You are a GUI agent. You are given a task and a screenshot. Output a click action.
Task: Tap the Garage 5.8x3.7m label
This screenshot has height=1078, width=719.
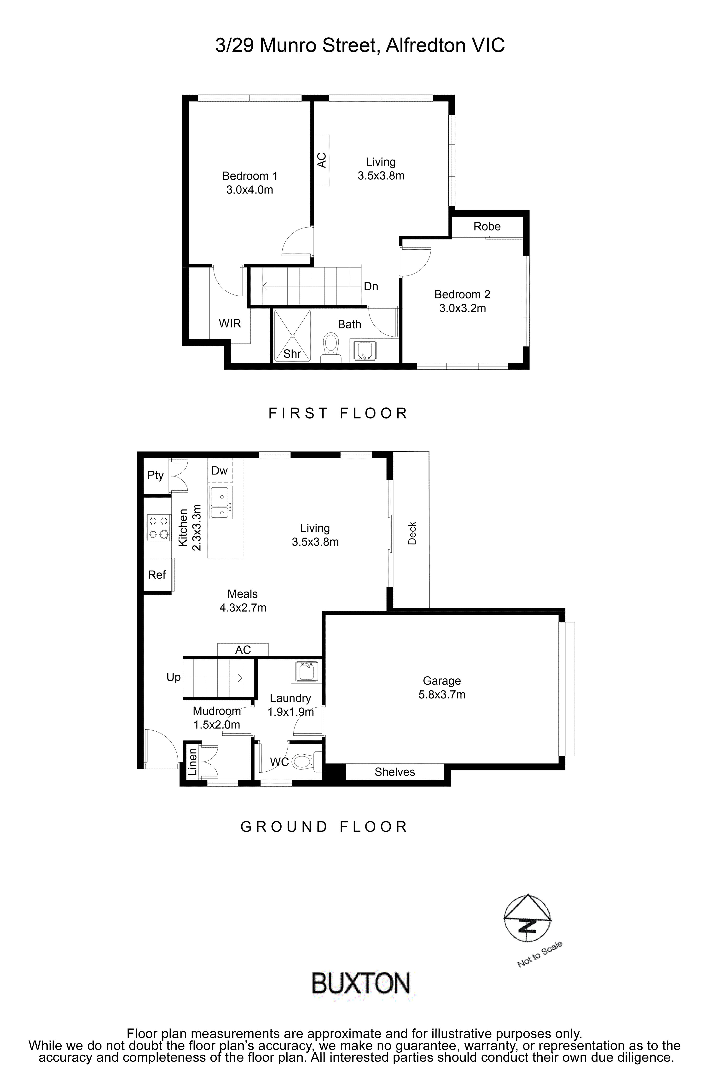pos(441,688)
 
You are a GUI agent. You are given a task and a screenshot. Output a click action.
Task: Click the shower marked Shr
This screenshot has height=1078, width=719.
pos(292,336)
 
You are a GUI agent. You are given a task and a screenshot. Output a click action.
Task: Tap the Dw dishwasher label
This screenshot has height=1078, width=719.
pos(220,471)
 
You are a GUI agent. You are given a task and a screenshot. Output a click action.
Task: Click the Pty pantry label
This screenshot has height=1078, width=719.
pos(155,475)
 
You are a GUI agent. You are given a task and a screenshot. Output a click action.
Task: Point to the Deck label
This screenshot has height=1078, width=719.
pos(412,533)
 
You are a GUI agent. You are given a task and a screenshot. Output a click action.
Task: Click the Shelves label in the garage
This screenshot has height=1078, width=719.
pos(394,772)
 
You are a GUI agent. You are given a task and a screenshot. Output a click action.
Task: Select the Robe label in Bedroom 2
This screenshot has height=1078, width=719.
pos(487,226)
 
